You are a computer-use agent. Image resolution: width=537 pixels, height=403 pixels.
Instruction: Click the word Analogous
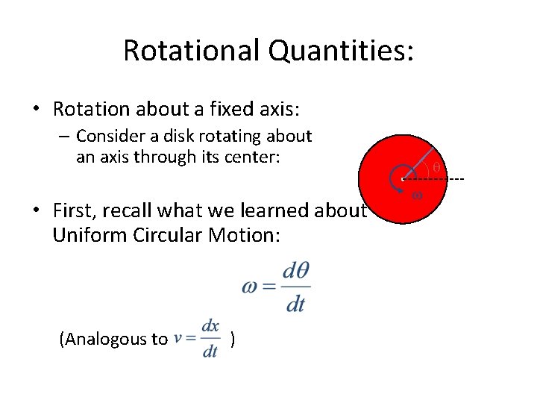point(113,340)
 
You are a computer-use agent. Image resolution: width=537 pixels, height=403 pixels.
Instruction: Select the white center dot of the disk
point(403,179)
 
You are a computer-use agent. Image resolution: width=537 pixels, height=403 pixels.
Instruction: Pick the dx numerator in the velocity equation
point(210,326)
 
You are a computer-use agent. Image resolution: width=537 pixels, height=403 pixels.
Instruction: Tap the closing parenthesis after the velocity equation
point(234,340)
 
